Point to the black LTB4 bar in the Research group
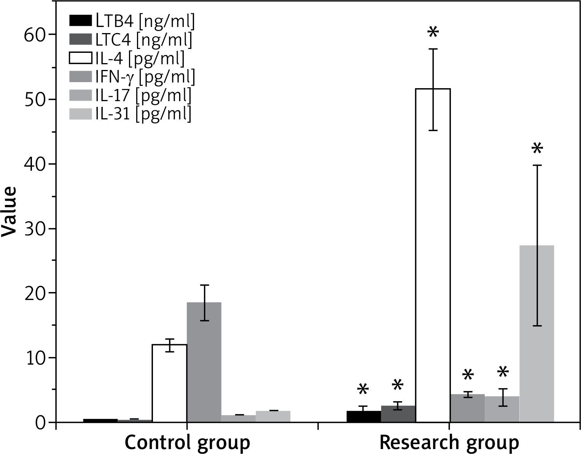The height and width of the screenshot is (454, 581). tap(364, 416)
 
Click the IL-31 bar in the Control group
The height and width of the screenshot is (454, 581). tap(273, 416)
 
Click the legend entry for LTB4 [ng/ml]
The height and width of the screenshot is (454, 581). tap(132, 22)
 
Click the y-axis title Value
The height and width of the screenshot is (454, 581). tap(9, 212)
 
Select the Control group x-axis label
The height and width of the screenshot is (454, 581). tap(187, 443)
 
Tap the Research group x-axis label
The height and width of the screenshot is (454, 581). tap(449, 443)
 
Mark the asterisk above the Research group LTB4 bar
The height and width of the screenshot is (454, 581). tap(363, 390)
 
